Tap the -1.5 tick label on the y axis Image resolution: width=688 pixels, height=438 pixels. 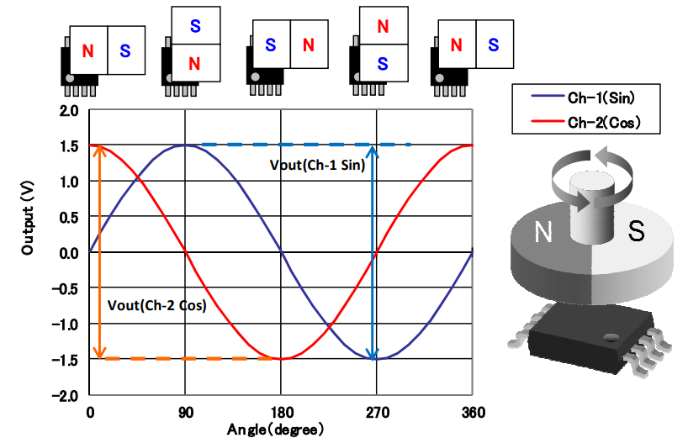point(66,359)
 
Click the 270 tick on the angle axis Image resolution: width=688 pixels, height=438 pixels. point(377,411)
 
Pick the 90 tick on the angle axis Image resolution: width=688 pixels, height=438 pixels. point(186,411)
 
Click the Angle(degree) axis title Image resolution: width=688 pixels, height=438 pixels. point(275,429)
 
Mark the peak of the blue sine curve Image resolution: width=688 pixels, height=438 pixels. point(186,145)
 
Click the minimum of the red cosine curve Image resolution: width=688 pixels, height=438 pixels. point(282,359)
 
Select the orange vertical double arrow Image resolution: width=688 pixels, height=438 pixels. point(99,252)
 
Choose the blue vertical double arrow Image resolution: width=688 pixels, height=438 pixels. point(373,252)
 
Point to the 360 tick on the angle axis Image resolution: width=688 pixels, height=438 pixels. point(473,411)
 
